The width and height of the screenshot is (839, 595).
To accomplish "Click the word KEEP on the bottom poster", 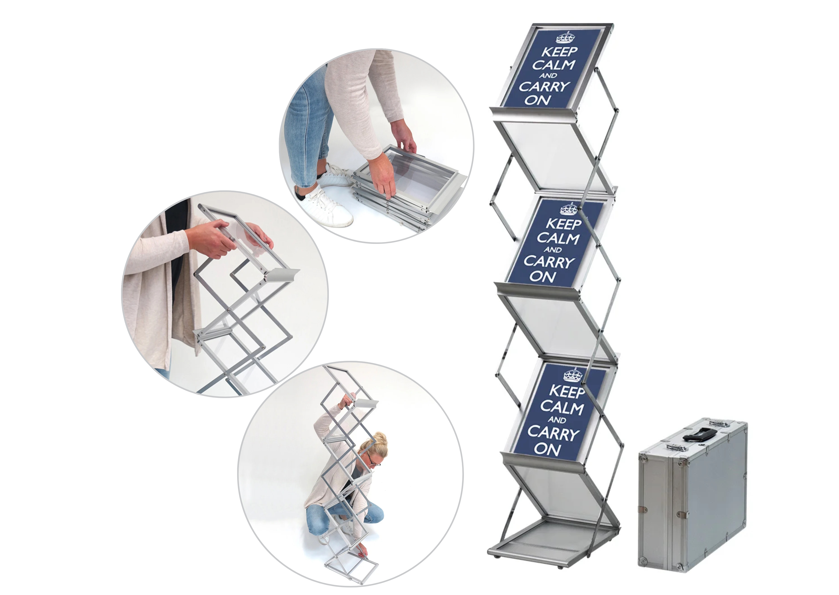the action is [567, 391].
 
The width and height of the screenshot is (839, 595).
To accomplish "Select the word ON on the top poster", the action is [538, 100].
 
